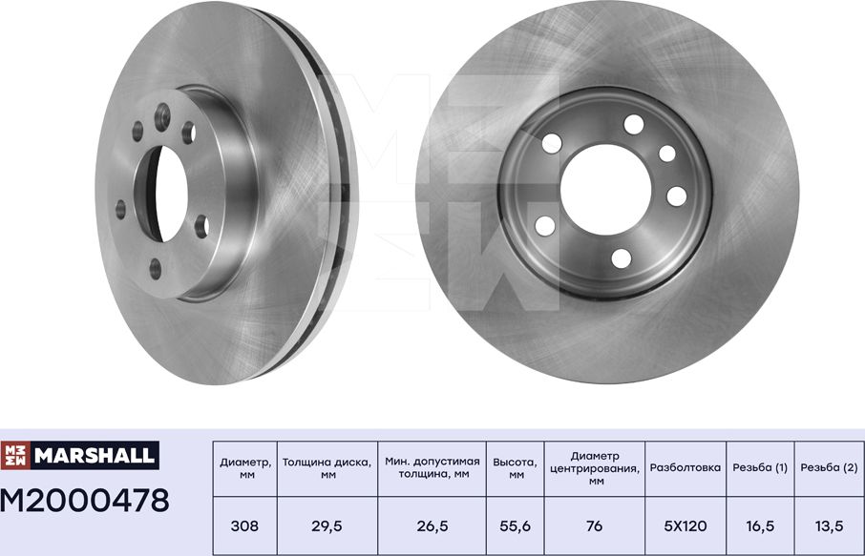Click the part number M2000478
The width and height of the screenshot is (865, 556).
click(x=85, y=499)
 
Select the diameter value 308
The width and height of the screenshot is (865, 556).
click(x=245, y=525)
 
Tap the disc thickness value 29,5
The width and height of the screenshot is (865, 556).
click(x=327, y=525)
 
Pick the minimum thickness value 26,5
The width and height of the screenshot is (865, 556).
click(x=432, y=525)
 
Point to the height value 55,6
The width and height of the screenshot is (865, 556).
click(x=515, y=525)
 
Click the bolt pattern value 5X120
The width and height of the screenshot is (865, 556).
click(x=684, y=525)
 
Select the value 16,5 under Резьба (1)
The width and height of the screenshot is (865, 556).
click(x=760, y=525)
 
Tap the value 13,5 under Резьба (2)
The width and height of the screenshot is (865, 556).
click(x=828, y=525)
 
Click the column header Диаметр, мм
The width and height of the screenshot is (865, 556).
click(x=245, y=468)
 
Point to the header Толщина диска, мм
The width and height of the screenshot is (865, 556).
click(x=327, y=468)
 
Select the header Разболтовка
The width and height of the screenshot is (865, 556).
click(x=684, y=468)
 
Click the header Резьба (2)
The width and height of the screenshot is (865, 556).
click(x=828, y=468)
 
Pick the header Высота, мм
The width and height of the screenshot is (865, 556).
click(x=515, y=468)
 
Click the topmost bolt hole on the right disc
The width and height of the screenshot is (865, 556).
click(x=633, y=124)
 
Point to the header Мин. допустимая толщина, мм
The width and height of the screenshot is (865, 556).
click(x=432, y=468)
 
